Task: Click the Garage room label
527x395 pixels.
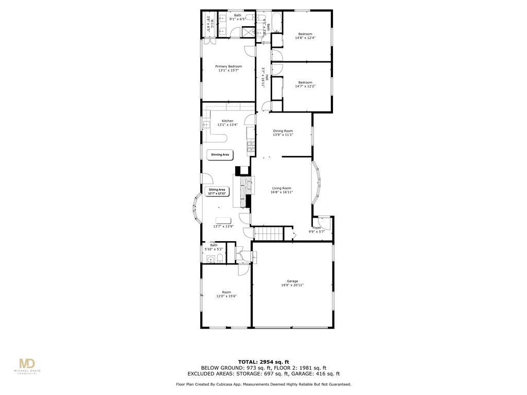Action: coord(292,281)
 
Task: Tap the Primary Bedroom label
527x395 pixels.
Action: coord(229,66)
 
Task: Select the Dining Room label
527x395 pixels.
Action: coord(283,131)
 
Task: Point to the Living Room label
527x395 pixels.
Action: coord(282,188)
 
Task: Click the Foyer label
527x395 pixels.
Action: coord(317,228)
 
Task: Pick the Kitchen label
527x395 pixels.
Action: coord(227,121)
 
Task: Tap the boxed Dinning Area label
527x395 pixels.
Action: coord(220,154)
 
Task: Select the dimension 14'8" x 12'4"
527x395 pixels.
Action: coord(305,38)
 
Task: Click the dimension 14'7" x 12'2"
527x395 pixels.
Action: coord(305,86)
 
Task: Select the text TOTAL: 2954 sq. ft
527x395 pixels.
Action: coord(263,361)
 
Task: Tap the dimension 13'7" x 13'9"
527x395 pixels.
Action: coord(223,226)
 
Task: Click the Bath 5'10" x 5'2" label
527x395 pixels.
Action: coord(214,247)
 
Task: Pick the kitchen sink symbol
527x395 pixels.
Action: coord(206,124)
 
